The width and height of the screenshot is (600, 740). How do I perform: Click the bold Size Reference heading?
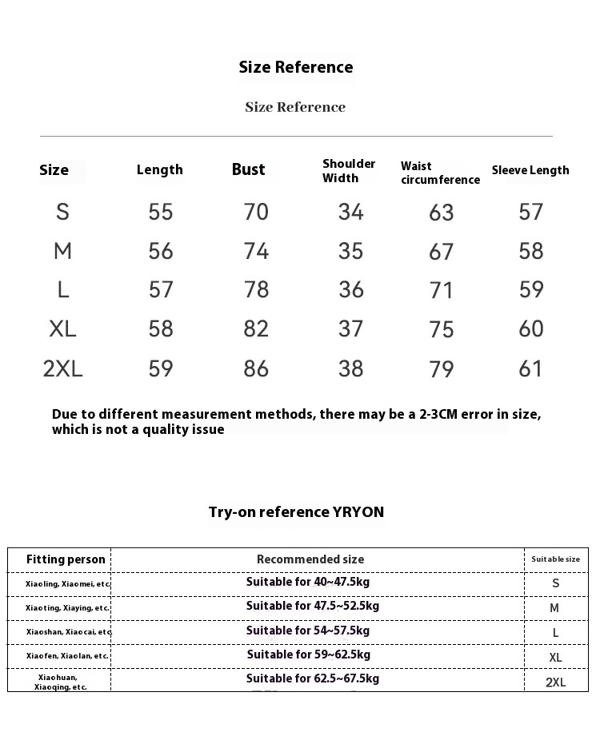tap(296, 67)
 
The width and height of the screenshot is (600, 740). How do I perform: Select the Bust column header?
tap(248, 169)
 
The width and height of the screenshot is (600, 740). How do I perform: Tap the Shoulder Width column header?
tap(349, 170)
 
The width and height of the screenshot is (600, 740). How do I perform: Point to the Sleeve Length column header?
tap(530, 170)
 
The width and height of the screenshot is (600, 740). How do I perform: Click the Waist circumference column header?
tap(440, 173)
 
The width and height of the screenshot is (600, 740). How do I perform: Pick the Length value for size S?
tap(161, 212)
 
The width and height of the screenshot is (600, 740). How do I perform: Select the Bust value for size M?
tap(256, 251)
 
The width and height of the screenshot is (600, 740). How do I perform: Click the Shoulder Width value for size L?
tap(351, 289)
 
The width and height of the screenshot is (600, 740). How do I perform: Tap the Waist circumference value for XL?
tap(442, 329)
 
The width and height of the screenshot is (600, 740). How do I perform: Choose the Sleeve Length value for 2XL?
tap(531, 368)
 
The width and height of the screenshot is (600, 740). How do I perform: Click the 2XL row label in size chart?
tap(63, 368)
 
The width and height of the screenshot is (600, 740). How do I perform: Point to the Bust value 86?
tap(256, 368)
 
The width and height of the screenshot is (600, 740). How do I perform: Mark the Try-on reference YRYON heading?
tap(296, 512)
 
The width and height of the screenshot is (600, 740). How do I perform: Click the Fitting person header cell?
tap(66, 559)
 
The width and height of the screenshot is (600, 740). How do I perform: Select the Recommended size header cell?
tap(310, 559)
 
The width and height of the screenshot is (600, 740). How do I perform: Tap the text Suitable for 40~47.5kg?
tap(308, 583)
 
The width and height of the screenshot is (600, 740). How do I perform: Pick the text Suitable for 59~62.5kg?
tap(309, 655)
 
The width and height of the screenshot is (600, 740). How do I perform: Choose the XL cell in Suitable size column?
tap(555, 658)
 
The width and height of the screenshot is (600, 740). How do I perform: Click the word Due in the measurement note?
tap(64, 414)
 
